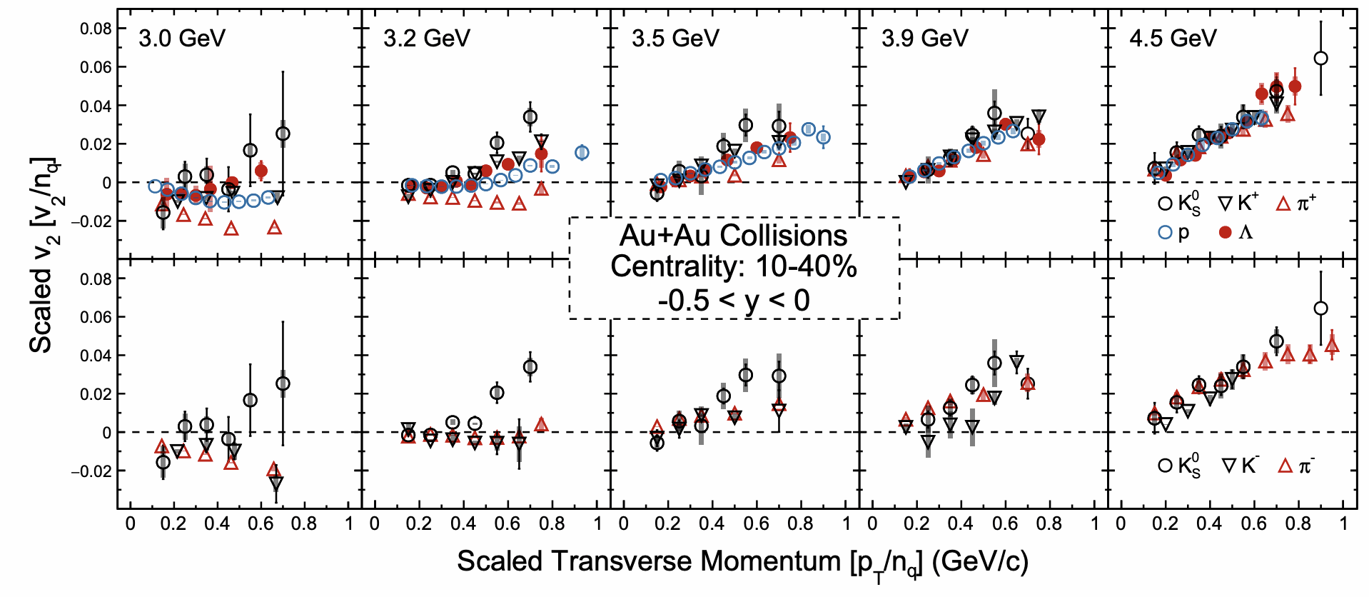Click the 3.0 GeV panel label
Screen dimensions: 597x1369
coord(182,38)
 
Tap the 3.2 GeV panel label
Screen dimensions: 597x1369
coord(427,38)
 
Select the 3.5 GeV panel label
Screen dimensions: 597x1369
coord(675,38)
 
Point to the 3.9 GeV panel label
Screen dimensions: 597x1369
coord(925,38)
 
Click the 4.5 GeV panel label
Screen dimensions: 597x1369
coord(1173,38)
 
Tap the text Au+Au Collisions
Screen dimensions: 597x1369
coord(733,236)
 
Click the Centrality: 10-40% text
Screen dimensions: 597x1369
coord(733,267)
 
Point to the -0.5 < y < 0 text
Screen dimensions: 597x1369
coord(733,300)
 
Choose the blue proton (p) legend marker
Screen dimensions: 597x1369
coord(1166,232)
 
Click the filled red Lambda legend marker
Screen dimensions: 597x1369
coord(1226,232)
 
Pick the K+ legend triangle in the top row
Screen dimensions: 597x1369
coord(1225,204)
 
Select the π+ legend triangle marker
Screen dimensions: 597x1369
coord(1283,204)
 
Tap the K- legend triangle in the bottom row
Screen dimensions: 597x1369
coord(1229,466)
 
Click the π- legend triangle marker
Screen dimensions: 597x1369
coord(1285,466)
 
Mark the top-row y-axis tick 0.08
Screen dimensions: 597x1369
coord(96,29)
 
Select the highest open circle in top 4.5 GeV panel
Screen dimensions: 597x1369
coord(1320,59)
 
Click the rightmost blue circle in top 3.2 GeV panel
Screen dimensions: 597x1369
coord(582,152)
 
